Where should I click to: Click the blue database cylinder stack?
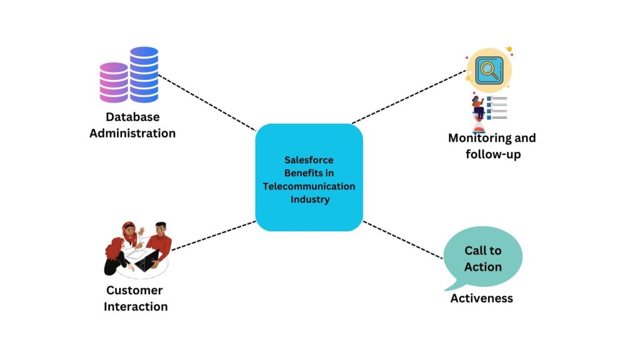tap(144, 74)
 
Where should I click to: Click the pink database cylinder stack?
tap(114, 82)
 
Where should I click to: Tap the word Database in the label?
tap(132, 117)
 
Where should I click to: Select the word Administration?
tap(132, 133)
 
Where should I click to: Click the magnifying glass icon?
tap(489, 70)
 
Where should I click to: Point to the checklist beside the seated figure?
tap(497, 107)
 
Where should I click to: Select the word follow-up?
tap(493, 154)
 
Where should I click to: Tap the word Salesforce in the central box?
tap(309, 160)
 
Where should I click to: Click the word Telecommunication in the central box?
tap(309, 186)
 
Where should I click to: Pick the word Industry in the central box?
tap(310, 199)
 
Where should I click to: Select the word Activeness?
tap(482, 298)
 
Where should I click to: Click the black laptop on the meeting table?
tap(147, 261)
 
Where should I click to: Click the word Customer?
tap(134, 290)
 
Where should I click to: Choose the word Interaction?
tap(136, 306)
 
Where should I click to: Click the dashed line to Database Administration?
tap(207, 102)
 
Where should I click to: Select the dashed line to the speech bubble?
tap(403, 240)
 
